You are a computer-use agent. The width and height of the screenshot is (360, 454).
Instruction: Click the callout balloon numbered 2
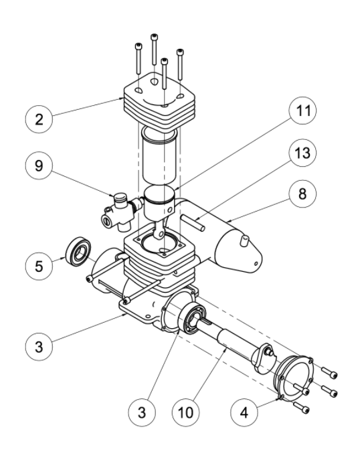pos(39,119)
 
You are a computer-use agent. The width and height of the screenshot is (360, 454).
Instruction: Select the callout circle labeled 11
pos(302,110)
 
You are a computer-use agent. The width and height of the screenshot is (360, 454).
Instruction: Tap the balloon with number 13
pos(302,153)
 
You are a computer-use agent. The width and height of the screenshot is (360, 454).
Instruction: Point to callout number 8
pos(302,194)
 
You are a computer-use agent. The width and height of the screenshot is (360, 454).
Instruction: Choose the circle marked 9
pos(39,165)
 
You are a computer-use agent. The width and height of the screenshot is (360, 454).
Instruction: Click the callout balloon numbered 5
pos(39,266)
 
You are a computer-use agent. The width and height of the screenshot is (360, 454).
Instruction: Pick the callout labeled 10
pos(185,412)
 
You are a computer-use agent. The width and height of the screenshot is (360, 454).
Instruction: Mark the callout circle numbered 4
pos(244,412)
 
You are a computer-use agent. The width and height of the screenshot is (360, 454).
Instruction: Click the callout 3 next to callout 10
pos(142,412)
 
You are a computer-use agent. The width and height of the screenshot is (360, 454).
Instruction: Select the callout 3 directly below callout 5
pos(39,347)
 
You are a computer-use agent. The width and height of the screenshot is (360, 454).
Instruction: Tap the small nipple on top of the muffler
pos(244,241)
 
